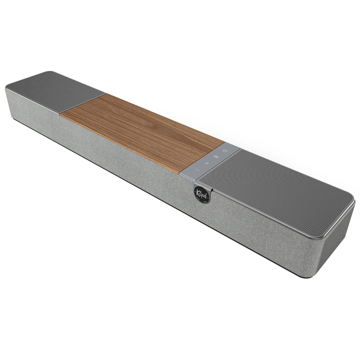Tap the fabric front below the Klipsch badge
click(x=203, y=216)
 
